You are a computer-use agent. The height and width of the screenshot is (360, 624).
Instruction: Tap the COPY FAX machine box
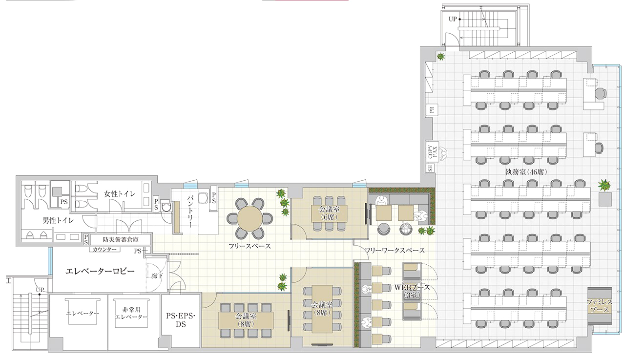coord(432,151)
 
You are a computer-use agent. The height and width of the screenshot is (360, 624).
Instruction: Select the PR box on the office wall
coord(432,110)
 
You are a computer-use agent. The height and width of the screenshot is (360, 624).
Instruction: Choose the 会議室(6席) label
coord(329,212)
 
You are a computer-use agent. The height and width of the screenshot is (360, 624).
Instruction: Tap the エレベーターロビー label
coord(100,271)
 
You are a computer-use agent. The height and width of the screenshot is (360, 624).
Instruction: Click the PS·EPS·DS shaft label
coord(181,320)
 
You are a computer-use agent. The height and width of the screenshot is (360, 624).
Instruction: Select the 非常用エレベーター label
coord(131,313)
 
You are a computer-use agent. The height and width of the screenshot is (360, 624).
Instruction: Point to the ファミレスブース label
coord(600,305)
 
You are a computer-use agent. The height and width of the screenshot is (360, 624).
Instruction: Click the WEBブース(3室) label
coord(412,291)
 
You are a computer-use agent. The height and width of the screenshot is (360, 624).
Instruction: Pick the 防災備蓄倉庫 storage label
coord(121,239)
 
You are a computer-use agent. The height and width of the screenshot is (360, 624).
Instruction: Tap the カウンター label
coord(104,250)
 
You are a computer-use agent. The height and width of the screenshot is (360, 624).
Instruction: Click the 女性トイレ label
coord(120,193)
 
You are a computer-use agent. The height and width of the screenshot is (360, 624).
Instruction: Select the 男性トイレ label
coord(58,220)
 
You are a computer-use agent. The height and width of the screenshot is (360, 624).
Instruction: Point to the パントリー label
coord(190,212)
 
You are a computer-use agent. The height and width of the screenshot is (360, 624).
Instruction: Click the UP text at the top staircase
coord(453,19)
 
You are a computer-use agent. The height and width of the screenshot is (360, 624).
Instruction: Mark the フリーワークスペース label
coord(395,250)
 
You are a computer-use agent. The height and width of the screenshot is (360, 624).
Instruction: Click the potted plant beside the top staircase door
coord(441,57)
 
